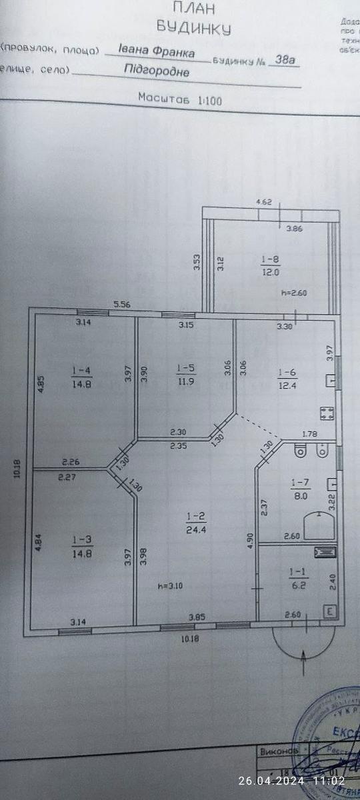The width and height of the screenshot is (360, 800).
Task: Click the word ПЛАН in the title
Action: [x=193, y=8]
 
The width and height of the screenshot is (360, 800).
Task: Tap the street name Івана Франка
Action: [x=157, y=51]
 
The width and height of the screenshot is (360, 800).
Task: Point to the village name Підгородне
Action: [x=157, y=73]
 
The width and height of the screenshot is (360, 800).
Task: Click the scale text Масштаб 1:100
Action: [x=180, y=99]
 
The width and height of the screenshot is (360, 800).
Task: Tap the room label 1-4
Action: [x=82, y=369]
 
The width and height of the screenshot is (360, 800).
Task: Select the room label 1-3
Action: [x=81, y=537]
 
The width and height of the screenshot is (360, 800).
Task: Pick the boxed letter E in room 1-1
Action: [x=328, y=611]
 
